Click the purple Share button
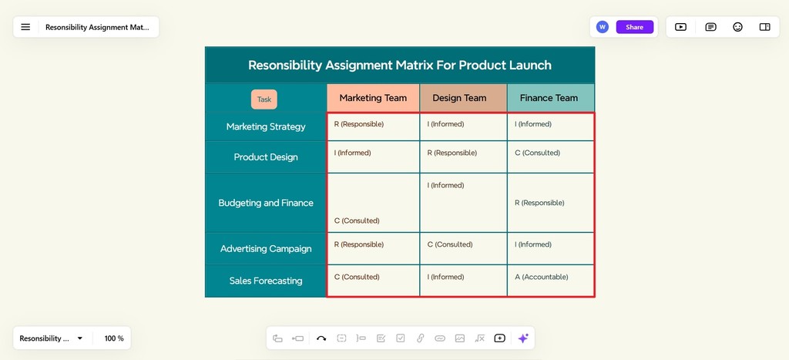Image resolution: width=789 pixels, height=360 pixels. (634, 27)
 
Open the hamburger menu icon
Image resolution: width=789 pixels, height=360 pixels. (25, 27)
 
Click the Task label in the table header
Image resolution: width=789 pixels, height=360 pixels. (264, 99)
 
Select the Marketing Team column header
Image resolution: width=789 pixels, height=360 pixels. (373, 98)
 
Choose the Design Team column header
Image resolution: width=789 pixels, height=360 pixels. (459, 98)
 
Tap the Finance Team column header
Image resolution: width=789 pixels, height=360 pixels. (549, 98)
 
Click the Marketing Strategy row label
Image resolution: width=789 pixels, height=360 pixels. (266, 126)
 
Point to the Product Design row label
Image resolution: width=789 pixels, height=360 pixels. (266, 157)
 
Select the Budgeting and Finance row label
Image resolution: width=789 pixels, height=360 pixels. (266, 203)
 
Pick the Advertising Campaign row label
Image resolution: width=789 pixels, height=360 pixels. (266, 249)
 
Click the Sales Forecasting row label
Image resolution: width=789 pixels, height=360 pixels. (266, 281)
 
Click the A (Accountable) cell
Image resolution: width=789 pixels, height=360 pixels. (542, 277)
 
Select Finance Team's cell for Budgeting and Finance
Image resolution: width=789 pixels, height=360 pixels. (539, 203)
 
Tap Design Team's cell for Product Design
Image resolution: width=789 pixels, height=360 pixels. (452, 153)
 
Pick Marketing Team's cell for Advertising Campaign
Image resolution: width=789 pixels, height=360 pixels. (359, 244)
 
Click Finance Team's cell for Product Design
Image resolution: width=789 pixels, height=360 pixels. (538, 153)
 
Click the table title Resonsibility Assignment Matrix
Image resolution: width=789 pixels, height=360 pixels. (399, 65)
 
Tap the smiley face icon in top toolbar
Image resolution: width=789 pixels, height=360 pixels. (737, 27)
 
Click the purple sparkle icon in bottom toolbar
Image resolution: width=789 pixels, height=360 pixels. (523, 338)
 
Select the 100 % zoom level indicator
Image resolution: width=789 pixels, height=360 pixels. (114, 338)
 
